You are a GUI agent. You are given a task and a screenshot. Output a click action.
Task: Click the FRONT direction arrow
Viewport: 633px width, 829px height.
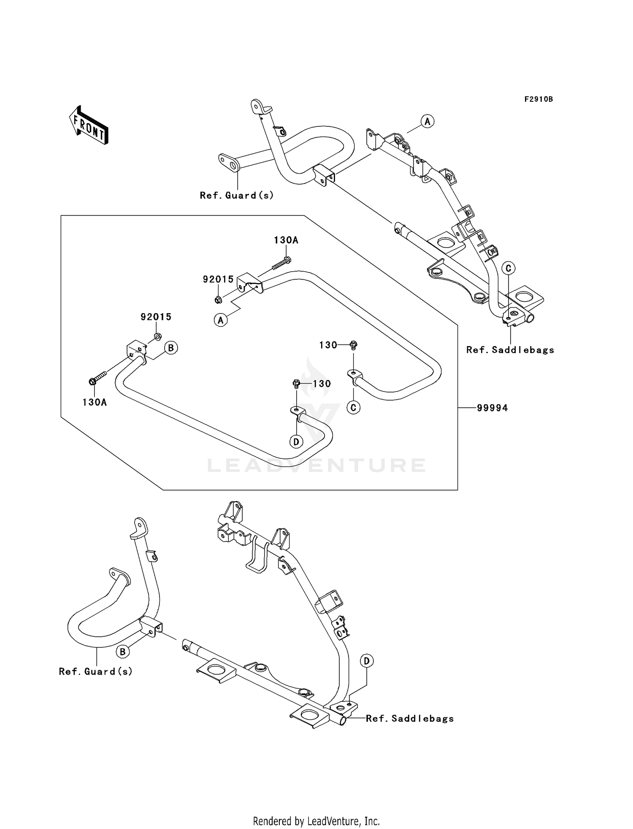[89, 125]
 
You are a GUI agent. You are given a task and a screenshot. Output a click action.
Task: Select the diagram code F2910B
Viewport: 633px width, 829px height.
[538, 99]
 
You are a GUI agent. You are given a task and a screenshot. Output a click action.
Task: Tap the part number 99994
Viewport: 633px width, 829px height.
[492, 408]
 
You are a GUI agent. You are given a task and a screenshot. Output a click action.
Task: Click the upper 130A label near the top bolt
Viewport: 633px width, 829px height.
[286, 240]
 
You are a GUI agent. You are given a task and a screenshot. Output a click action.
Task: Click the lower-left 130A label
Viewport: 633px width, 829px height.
[95, 402]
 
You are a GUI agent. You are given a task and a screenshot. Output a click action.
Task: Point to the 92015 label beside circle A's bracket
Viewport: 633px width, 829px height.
[218, 279]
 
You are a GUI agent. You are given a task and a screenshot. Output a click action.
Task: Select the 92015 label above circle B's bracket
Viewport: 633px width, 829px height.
[156, 317]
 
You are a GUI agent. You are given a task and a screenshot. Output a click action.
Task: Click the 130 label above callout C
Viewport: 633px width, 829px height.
[328, 345]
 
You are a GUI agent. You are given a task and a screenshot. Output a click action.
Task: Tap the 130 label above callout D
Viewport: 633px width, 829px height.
[322, 384]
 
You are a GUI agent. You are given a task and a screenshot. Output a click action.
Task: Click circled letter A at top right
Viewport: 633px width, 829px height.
[427, 122]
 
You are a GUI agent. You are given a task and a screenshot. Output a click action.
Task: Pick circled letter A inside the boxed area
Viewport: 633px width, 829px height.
[220, 320]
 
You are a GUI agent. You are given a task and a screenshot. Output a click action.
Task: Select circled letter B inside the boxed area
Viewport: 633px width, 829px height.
[171, 348]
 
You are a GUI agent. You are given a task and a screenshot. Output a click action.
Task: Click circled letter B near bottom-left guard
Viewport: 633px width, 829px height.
[122, 652]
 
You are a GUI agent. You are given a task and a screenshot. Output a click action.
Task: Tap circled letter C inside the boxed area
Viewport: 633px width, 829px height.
[354, 407]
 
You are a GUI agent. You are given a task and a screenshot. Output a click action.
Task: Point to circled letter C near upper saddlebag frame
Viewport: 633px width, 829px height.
[509, 268]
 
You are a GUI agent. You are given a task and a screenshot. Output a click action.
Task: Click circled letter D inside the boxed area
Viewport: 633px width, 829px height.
[296, 442]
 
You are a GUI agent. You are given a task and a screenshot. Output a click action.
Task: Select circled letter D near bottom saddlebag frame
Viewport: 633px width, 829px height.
[367, 661]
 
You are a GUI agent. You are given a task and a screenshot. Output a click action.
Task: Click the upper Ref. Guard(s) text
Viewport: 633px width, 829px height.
[237, 195]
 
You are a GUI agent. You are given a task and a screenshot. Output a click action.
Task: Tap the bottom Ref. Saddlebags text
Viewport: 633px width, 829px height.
[410, 718]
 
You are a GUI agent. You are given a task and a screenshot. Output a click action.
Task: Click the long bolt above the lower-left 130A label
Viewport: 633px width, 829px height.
[98, 377]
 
